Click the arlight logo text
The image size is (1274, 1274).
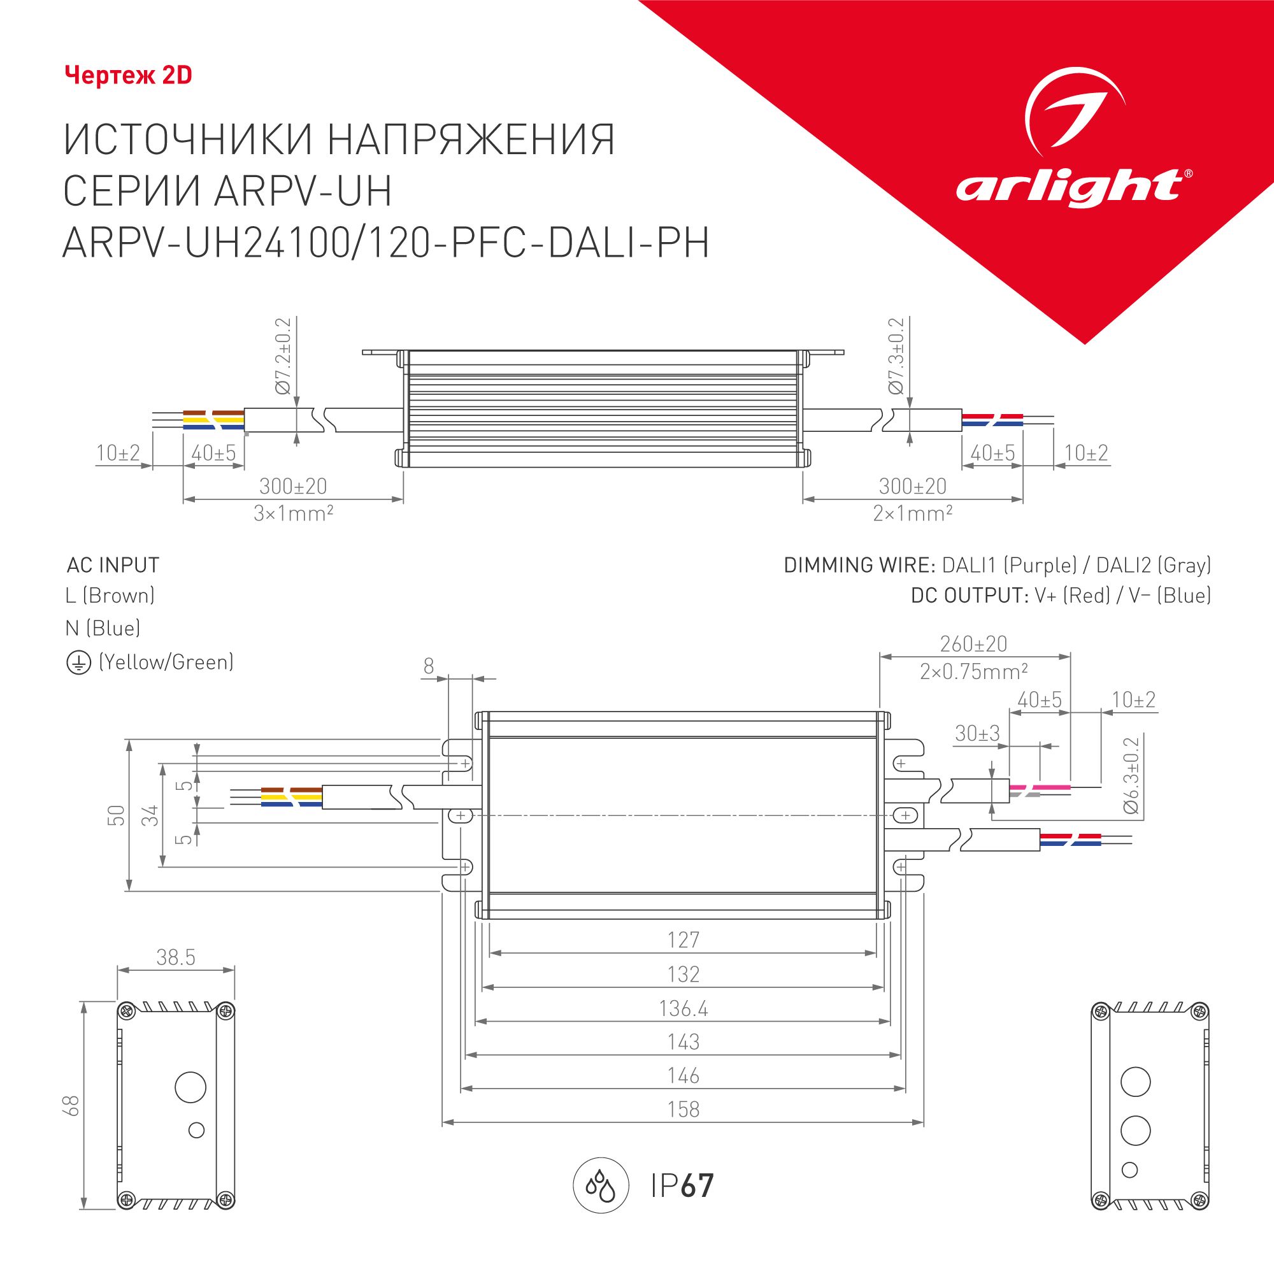click(x=1068, y=188)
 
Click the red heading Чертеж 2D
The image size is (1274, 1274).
click(x=129, y=76)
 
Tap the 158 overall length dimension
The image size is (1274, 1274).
click(x=683, y=1109)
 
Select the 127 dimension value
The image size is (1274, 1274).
click(x=683, y=940)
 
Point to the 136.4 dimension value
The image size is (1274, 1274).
click(x=683, y=1008)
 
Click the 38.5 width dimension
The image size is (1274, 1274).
click(x=176, y=957)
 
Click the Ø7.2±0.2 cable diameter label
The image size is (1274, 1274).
click(x=283, y=356)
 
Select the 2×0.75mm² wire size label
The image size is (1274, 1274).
click(x=974, y=671)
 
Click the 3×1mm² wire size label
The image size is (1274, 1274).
click(x=294, y=513)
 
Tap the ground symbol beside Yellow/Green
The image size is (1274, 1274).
click(x=78, y=662)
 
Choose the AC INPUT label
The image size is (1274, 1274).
click(x=113, y=565)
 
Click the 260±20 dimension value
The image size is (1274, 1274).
click(x=974, y=643)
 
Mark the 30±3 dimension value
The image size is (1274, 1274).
click(x=977, y=733)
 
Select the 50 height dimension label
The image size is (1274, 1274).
click(x=117, y=815)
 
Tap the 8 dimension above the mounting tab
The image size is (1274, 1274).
click(x=429, y=666)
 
